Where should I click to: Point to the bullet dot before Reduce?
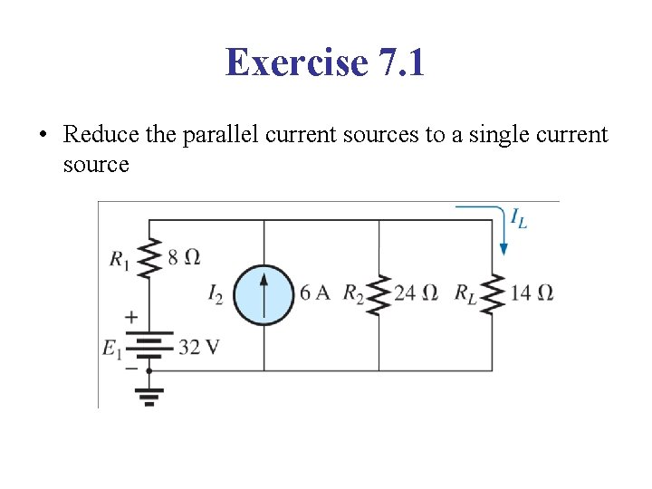tap(42, 136)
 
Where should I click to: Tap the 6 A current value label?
tap(314, 292)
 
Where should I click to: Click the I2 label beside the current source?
tap(215, 293)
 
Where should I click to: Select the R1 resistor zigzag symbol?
tap(149, 259)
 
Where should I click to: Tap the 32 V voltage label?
tap(199, 347)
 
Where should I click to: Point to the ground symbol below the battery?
tap(149, 394)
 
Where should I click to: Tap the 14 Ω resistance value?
tap(532, 292)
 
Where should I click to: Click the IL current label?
tap(519, 218)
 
